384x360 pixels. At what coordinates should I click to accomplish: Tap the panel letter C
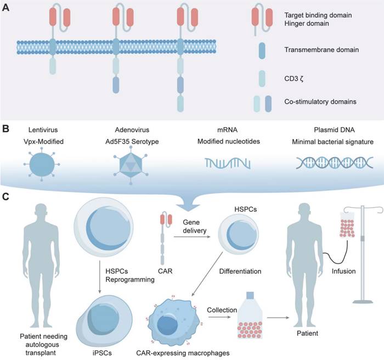click(x=7, y=195)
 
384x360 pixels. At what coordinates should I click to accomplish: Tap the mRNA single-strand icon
click(x=225, y=163)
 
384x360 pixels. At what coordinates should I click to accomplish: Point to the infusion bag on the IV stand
click(x=348, y=222)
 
